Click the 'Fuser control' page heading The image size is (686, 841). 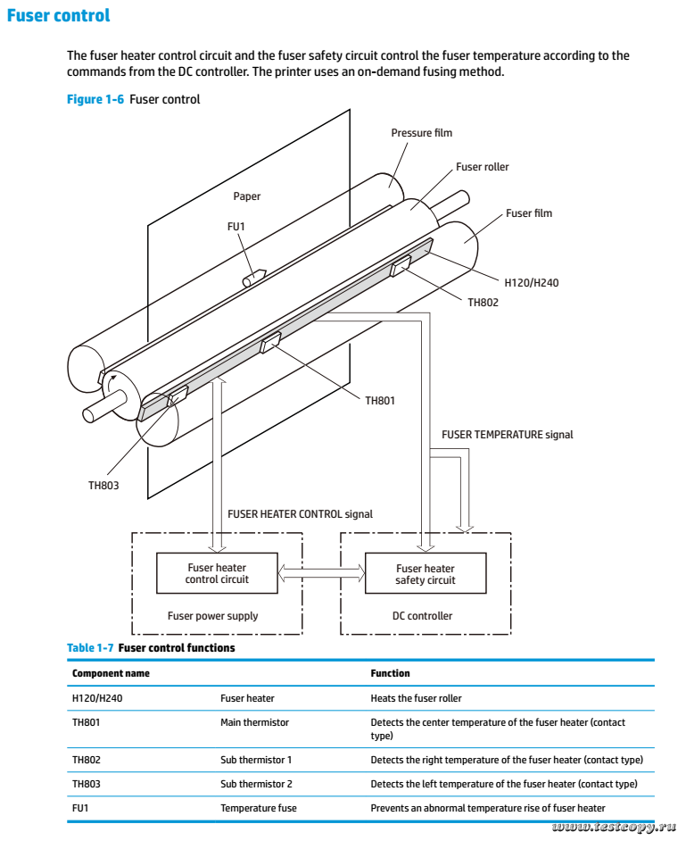click(58, 15)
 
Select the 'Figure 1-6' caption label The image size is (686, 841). click(95, 99)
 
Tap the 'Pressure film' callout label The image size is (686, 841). click(421, 133)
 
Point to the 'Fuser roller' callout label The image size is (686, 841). click(482, 167)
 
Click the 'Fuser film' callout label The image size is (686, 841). click(528, 213)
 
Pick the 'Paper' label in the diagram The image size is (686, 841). click(247, 196)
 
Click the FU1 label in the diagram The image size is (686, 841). click(236, 227)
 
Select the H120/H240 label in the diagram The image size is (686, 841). click(532, 282)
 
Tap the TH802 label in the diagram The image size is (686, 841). click(483, 303)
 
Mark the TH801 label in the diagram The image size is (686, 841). click(380, 401)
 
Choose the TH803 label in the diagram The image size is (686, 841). click(103, 486)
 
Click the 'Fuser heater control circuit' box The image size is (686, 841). click(217, 573)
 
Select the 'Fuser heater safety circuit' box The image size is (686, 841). click(426, 574)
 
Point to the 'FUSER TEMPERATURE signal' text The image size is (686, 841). click(507, 435)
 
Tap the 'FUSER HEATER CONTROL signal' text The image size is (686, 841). click(300, 514)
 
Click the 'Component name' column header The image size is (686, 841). click(111, 672)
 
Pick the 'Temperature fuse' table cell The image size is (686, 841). click(259, 809)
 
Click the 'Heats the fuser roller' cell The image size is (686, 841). click(416, 698)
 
